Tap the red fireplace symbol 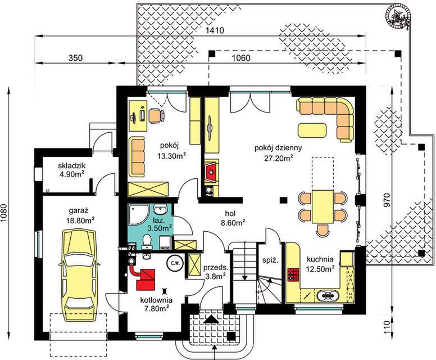point(212,173)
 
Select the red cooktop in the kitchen point(293,275)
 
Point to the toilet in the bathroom point(146,241)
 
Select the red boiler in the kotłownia point(146,279)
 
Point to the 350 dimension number point(76,58)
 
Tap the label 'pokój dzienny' point(278,148)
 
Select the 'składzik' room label point(72,166)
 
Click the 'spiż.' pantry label point(270,260)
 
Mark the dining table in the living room point(323,206)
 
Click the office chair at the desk point(156,116)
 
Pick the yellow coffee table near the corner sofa point(312,130)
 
